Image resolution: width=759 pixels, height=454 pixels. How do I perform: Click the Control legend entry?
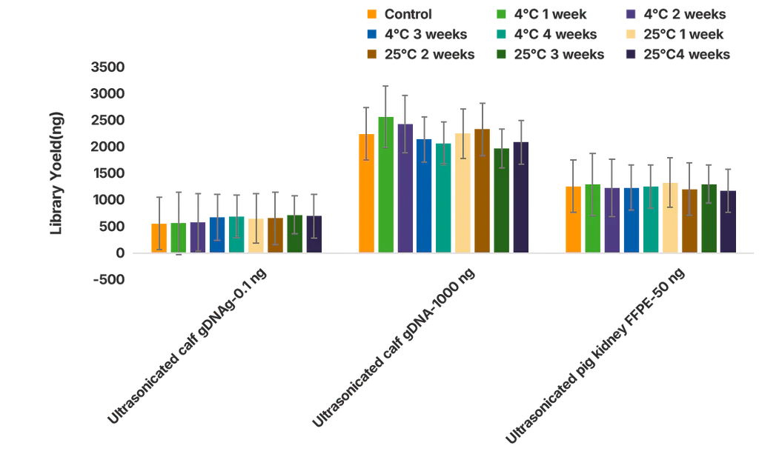(x=400, y=14)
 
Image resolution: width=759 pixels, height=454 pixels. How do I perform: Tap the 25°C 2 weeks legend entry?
(x=420, y=54)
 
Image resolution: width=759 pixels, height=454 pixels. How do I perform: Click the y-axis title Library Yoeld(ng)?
(x=57, y=173)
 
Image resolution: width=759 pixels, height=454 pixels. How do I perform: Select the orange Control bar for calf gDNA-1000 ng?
(x=366, y=193)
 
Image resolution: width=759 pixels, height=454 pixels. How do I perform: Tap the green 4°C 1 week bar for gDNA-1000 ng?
(x=385, y=184)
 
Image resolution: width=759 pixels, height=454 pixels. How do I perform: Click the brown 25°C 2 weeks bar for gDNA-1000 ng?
(x=482, y=190)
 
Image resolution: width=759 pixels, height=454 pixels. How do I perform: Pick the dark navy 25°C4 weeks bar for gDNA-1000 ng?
(x=520, y=197)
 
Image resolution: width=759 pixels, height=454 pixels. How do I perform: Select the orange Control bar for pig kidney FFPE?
(x=573, y=219)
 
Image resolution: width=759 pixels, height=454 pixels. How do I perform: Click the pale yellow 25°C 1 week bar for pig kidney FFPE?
(x=670, y=218)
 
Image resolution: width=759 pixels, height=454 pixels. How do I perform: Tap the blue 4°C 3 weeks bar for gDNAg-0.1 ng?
(x=217, y=235)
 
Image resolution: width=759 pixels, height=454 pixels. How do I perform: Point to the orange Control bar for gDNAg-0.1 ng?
(x=159, y=238)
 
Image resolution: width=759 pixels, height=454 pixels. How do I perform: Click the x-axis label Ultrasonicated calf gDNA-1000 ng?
(x=394, y=349)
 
